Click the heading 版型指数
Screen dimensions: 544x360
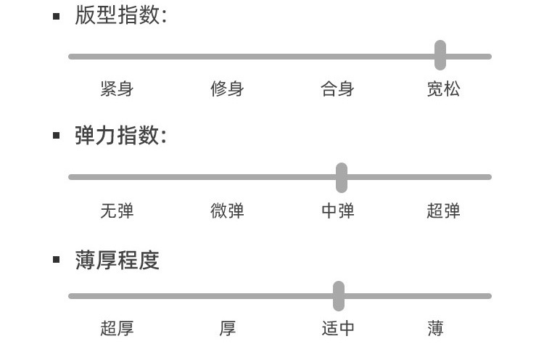click(120, 15)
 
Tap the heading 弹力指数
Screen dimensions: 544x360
click(120, 136)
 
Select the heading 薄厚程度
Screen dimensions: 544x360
click(117, 260)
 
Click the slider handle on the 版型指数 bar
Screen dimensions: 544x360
click(440, 55)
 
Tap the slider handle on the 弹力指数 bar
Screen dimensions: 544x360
click(342, 177)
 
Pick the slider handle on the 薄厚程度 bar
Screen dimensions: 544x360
click(339, 295)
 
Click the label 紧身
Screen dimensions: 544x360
click(117, 89)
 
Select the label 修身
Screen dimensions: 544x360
click(227, 89)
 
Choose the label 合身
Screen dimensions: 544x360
click(337, 89)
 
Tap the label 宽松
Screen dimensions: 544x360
click(443, 89)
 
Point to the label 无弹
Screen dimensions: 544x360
click(117, 211)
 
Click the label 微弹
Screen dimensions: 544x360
click(227, 211)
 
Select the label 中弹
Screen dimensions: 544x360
click(337, 211)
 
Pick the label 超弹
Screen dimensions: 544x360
click(443, 211)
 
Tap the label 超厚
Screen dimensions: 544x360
click(117, 329)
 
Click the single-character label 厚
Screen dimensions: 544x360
click(227, 329)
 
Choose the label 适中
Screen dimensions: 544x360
click(337, 329)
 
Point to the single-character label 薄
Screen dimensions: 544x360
click(435, 329)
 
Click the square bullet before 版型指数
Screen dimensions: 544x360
click(57, 16)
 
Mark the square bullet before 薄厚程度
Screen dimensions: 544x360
click(57, 260)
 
